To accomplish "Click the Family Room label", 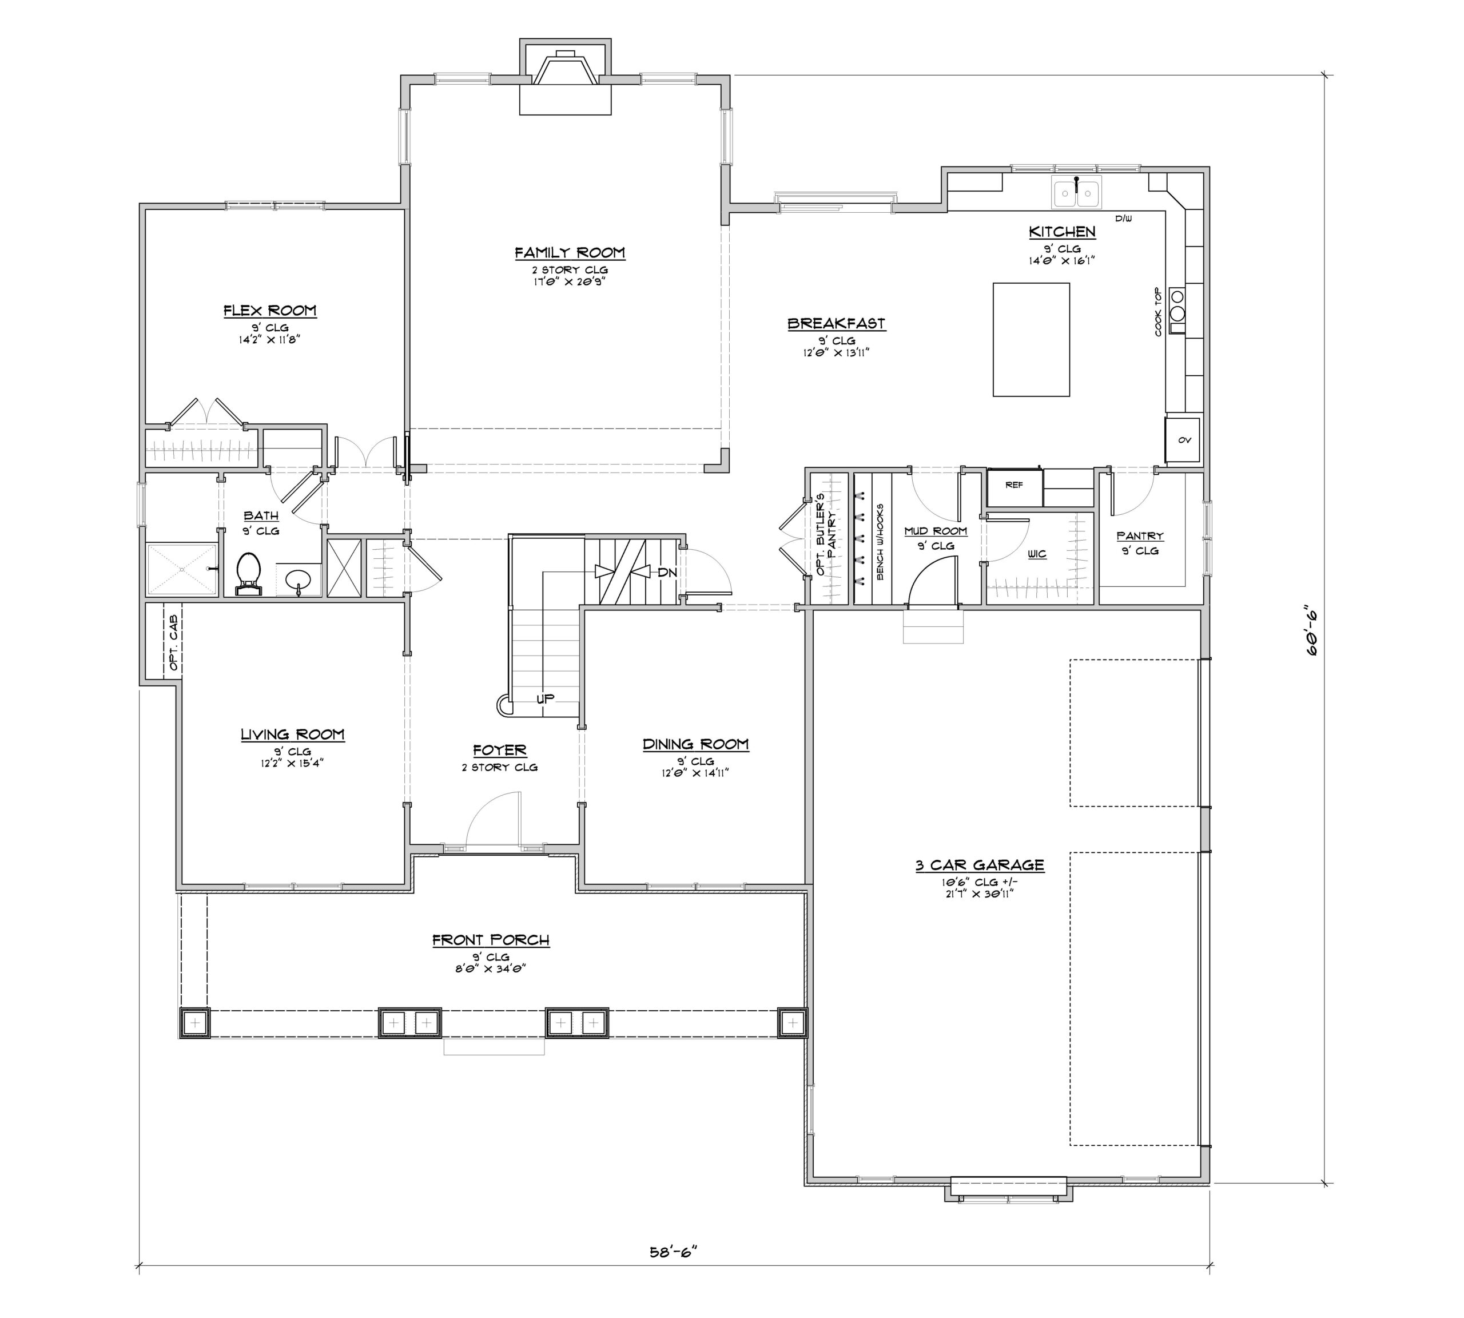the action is click(x=570, y=253).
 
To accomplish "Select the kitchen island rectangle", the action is click(x=1031, y=340).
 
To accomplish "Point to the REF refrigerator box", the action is click(x=1015, y=485).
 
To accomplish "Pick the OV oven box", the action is click(x=1182, y=439).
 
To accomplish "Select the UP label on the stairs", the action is click(x=545, y=699).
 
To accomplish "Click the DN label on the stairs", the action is click(x=667, y=572).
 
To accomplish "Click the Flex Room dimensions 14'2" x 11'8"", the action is click(x=269, y=339).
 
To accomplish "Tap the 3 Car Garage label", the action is click(x=980, y=865).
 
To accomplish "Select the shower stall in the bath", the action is click(x=182, y=570).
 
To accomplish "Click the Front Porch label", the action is click(x=491, y=940).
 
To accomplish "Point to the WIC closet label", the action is click(x=1037, y=554).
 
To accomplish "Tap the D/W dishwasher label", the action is click(x=1123, y=218).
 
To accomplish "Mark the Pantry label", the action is click(x=1140, y=536).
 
